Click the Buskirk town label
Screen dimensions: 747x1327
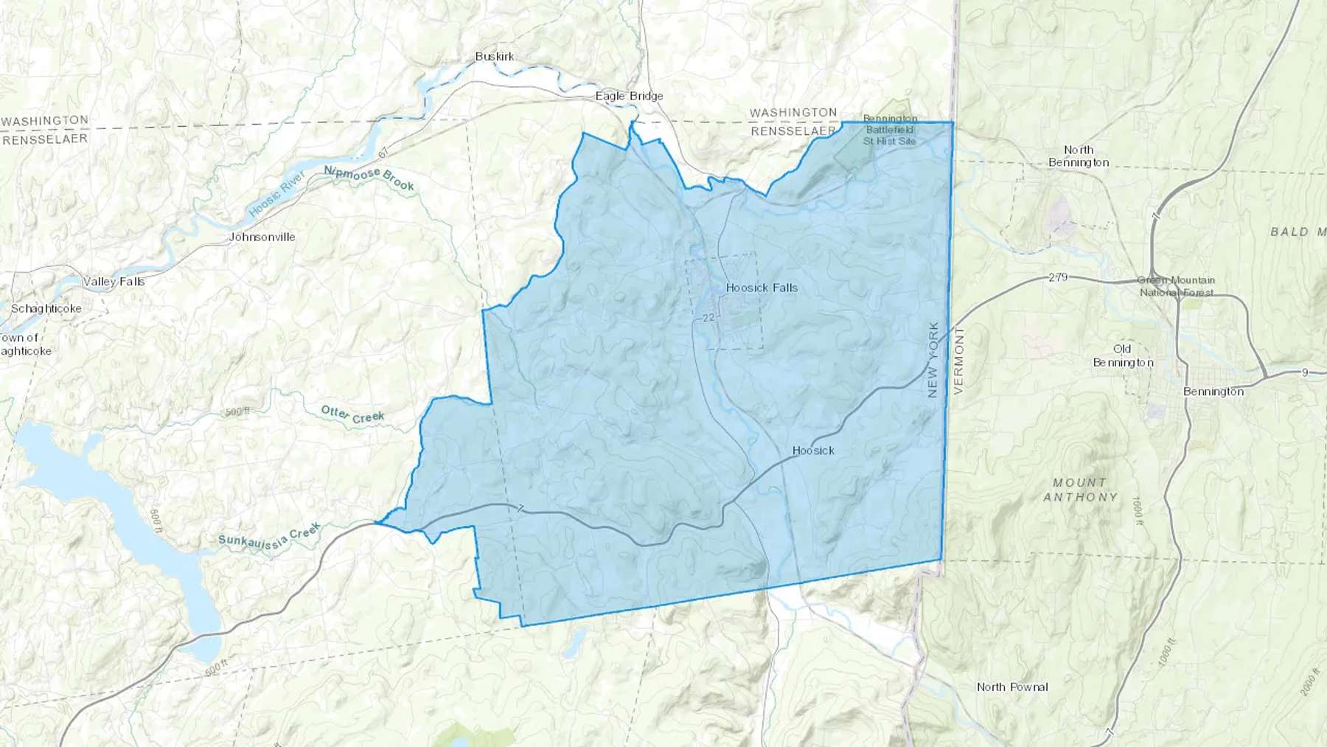click(495, 57)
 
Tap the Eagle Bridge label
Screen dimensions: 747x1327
click(629, 96)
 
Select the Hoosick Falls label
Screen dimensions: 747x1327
click(762, 288)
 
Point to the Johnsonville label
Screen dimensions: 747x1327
click(262, 237)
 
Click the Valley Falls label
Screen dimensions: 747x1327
click(114, 281)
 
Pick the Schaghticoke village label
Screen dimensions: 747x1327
click(46, 308)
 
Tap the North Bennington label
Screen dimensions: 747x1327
click(1079, 156)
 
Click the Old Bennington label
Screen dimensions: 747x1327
click(1123, 355)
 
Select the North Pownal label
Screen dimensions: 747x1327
click(1012, 687)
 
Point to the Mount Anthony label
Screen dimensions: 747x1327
click(1080, 490)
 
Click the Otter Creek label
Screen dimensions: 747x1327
click(352, 414)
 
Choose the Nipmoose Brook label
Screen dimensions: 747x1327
click(369, 178)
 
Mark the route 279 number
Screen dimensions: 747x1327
click(1058, 277)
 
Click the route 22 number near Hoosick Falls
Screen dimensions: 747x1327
click(708, 318)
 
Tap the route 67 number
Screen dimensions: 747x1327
click(383, 154)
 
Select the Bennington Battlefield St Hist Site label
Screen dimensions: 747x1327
click(890, 130)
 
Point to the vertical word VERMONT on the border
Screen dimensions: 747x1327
click(958, 361)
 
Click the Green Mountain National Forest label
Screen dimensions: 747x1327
click(1176, 286)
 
